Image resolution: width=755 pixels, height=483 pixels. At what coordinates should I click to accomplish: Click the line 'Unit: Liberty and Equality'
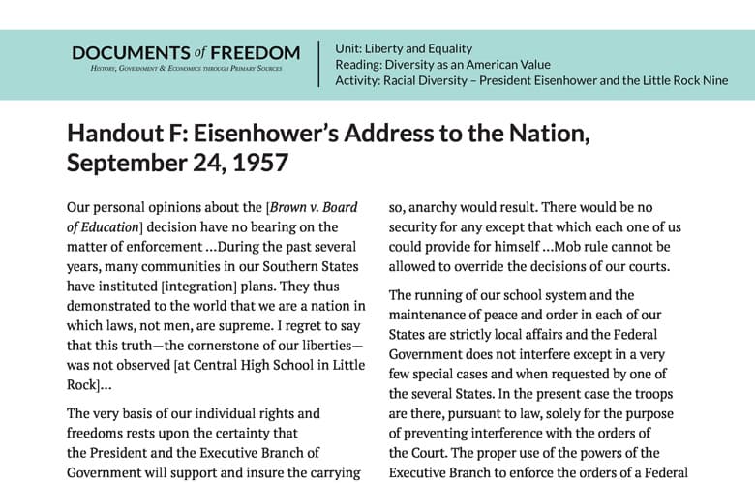403,47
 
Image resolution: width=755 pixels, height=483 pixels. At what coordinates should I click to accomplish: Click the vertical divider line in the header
319,64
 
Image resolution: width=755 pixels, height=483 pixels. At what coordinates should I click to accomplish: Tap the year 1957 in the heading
260,162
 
